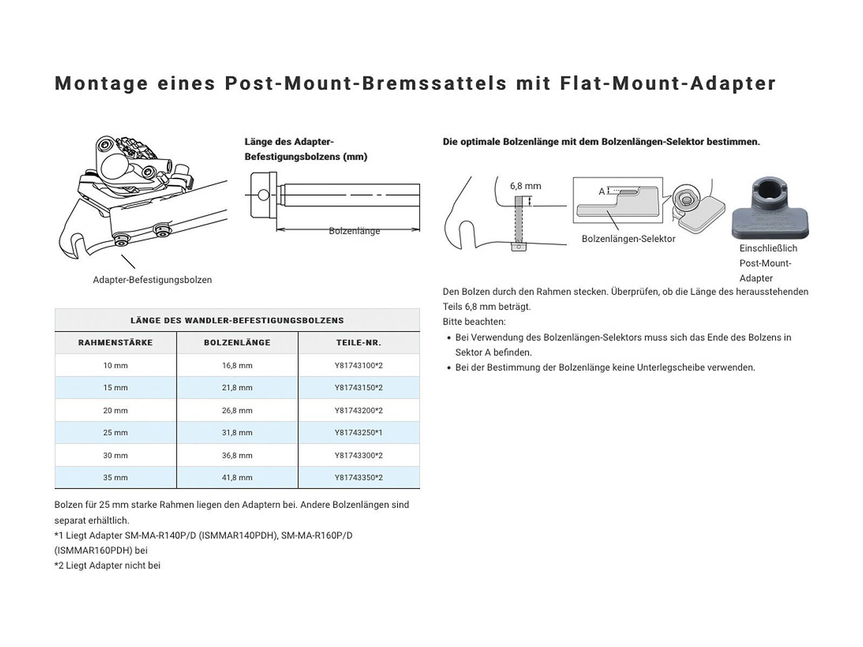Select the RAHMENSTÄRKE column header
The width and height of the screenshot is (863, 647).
tap(115, 343)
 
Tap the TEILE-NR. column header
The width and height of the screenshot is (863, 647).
tap(359, 343)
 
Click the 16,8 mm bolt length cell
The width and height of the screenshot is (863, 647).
tap(237, 366)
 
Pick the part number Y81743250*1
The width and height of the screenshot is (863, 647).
tap(359, 433)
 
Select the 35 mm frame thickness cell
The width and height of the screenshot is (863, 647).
tap(115, 478)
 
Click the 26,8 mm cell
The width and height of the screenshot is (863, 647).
tap(237, 411)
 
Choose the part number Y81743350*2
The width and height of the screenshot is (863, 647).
tap(359, 478)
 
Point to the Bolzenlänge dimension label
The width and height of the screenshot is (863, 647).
tap(354, 231)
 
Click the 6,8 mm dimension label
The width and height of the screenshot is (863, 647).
tap(525, 186)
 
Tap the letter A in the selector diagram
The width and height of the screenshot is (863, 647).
tap(602, 191)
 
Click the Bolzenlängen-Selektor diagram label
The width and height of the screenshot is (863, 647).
tap(628, 239)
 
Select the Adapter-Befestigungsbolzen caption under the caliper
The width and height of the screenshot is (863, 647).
tap(152, 280)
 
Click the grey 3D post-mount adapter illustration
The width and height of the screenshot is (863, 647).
tap(770, 211)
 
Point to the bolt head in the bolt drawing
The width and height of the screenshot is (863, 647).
tap(264, 195)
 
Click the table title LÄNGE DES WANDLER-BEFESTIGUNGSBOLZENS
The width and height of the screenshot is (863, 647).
tap(237, 320)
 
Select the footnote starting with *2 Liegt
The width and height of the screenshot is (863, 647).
tap(107, 566)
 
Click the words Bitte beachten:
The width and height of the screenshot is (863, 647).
tap(474, 322)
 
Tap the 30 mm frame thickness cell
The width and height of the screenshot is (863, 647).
tap(115, 456)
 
